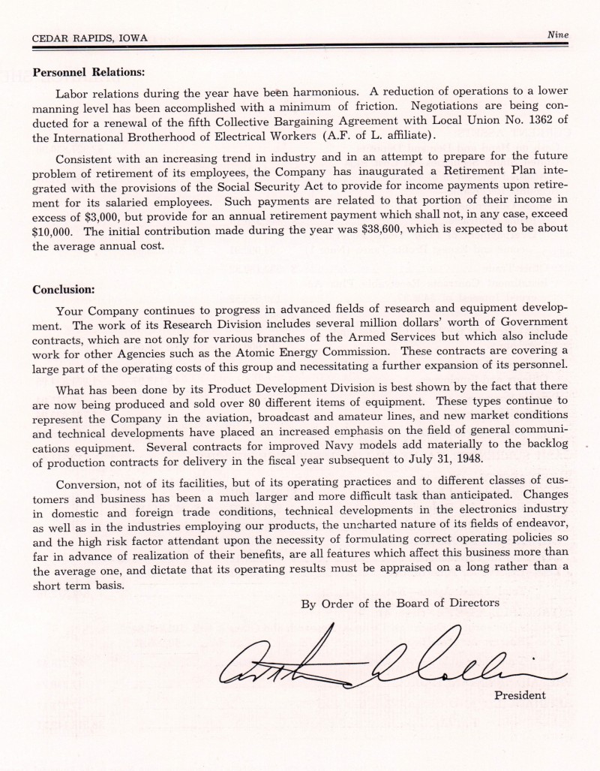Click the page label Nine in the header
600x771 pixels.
click(x=559, y=35)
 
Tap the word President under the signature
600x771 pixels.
click(x=520, y=694)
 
